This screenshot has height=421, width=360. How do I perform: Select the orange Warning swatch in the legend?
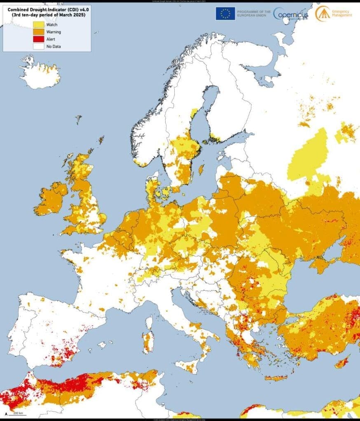pos(38,32)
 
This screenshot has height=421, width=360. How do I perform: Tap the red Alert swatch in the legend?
pos(38,39)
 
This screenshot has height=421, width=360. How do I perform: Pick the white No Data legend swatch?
pos(38,46)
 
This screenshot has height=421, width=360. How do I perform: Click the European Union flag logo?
pos(225,14)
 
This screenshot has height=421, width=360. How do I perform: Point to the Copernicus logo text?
pos(290,14)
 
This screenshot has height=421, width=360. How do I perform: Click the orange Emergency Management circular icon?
pos(322,13)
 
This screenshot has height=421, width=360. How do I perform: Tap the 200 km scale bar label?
pos(18,412)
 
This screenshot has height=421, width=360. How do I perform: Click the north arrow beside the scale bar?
pos(6,412)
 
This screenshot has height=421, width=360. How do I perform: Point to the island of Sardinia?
pos(148,342)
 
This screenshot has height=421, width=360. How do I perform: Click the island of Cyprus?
pos(342,362)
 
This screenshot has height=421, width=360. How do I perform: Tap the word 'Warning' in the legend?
pos(54,32)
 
